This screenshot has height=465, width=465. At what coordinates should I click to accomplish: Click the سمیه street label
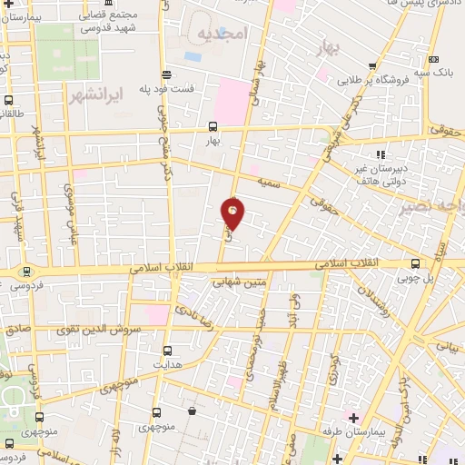point(269,183)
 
